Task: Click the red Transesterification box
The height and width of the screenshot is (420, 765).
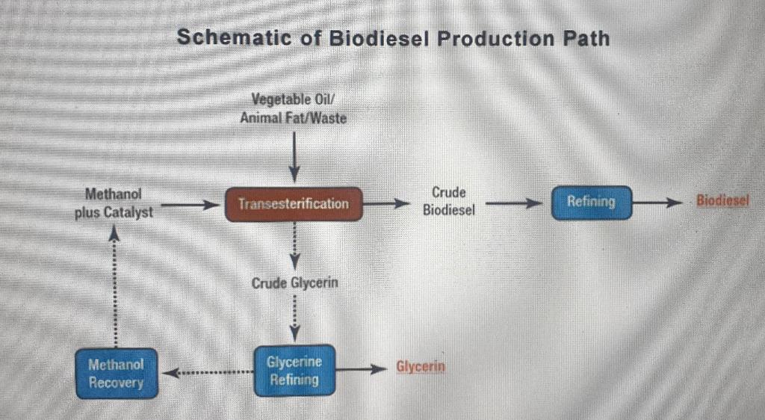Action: pos(294,203)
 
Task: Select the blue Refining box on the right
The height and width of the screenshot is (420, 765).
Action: pos(591,202)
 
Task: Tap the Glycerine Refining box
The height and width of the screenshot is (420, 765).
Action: pos(294,370)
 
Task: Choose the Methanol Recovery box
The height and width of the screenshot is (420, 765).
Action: pos(116,373)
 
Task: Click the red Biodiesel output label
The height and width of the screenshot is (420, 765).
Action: pos(722,202)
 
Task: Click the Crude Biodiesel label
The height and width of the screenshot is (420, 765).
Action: pos(448,202)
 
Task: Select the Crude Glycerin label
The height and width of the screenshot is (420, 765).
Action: pos(294,283)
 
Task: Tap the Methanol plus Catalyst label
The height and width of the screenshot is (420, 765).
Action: pos(114,203)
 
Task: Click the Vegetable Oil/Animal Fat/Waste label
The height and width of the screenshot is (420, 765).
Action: pos(294,108)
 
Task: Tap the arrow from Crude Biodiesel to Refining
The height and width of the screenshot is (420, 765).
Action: pos(514,203)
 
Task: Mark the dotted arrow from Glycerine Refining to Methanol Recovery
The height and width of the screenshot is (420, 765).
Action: pos(208,371)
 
